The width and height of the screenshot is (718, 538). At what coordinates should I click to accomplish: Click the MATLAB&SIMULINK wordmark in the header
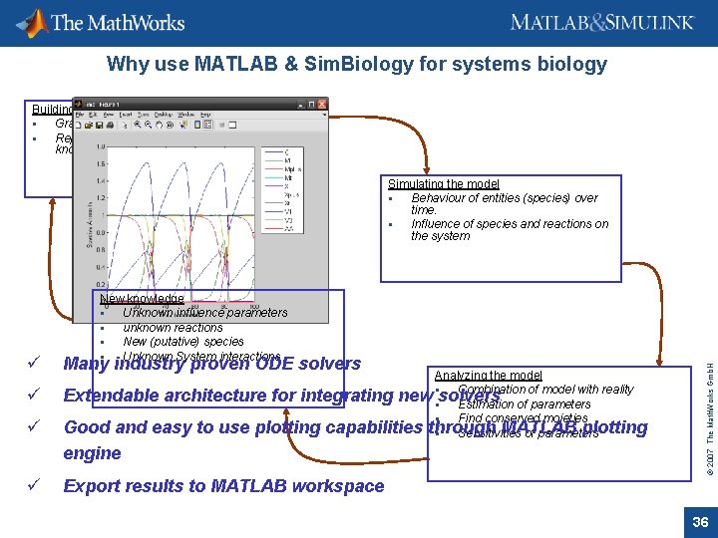(606, 23)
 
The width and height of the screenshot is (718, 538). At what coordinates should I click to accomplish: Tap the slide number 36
(699, 522)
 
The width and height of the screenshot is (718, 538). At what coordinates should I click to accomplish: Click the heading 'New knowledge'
(143, 299)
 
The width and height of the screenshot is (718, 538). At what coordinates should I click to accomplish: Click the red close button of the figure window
(322, 103)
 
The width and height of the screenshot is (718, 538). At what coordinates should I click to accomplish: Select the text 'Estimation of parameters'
(524, 404)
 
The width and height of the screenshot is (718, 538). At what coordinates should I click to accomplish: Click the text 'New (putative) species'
(183, 342)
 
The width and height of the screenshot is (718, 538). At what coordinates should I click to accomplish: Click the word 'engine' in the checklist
(92, 453)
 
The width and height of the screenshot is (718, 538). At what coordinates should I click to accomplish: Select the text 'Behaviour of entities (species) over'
(505, 198)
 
